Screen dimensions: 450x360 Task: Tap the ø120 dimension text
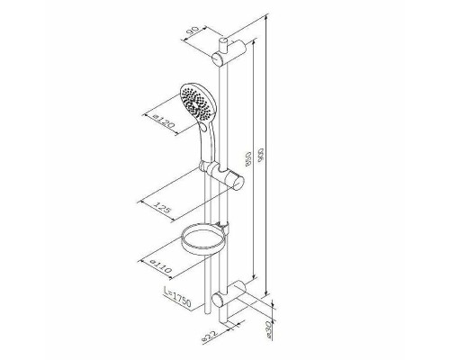pyautogui.click(x=163, y=120)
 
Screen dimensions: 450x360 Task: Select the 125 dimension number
pyautogui.click(x=162, y=207)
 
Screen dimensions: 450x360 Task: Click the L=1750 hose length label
pyautogui.click(x=177, y=297)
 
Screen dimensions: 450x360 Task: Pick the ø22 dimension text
pyautogui.click(x=210, y=335)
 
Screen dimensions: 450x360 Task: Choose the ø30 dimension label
pyautogui.click(x=269, y=329)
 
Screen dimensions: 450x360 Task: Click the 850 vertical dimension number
pyautogui.click(x=248, y=159)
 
